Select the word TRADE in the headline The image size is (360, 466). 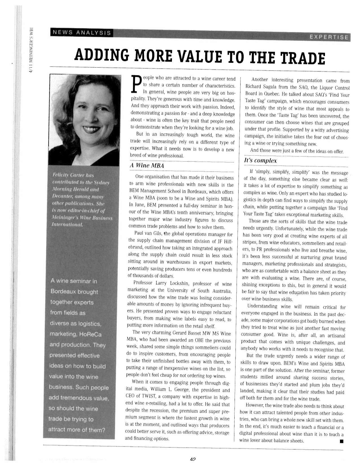point(302,58)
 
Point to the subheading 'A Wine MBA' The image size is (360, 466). point(147,165)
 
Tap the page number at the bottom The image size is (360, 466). point(193,459)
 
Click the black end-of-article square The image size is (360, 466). point(341,441)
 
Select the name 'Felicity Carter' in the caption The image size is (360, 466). point(66,175)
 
